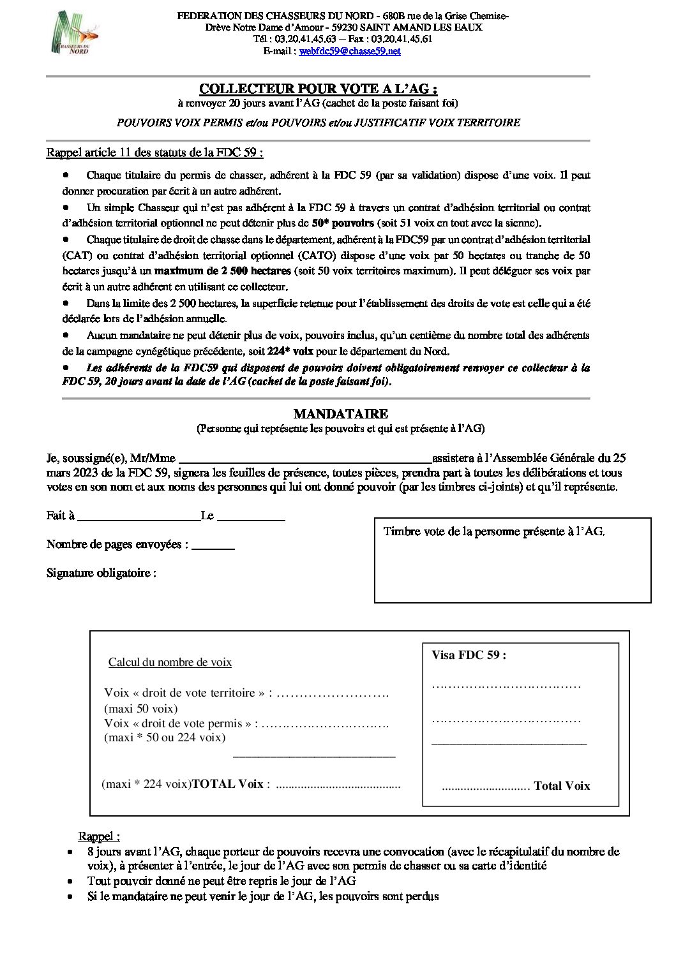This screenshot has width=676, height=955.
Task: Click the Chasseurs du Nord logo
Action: (75, 33)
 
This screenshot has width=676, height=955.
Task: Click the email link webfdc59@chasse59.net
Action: (350, 51)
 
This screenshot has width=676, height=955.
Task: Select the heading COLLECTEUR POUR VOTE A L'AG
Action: (318, 89)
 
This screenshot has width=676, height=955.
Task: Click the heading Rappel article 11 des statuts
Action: (154, 152)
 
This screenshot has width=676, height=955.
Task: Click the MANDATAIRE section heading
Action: (340, 414)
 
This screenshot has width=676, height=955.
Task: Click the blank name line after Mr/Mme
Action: (304, 459)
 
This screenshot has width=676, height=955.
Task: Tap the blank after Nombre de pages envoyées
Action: (213, 545)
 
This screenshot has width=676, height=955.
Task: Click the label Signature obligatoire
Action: (101, 573)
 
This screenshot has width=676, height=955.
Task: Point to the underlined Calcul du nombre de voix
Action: (170, 662)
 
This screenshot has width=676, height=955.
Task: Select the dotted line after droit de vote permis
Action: (325, 724)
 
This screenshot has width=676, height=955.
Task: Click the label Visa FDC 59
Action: (469, 655)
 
